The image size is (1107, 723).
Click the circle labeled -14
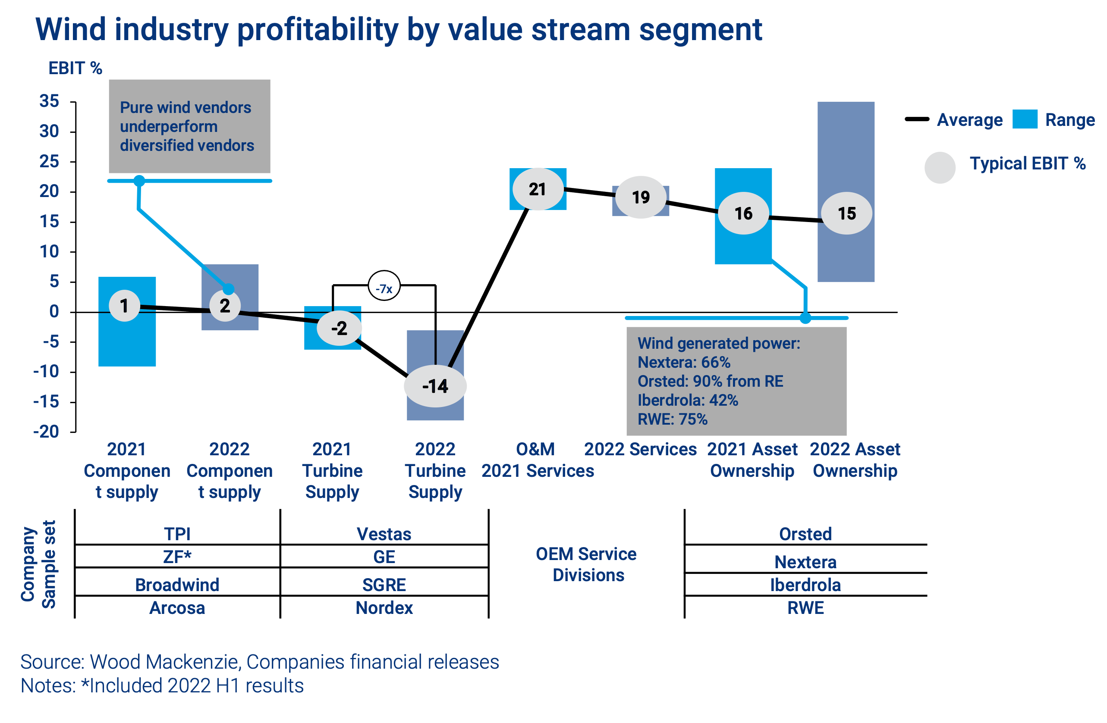click(x=435, y=386)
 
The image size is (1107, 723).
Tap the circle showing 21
click(x=538, y=189)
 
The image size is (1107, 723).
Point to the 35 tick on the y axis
click(x=49, y=101)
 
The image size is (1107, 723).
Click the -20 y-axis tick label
click(x=46, y=432)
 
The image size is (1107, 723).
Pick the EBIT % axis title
click(x=75, y=69)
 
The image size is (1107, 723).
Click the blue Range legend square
click(x=1025, y=119)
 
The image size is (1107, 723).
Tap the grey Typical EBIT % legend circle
click(x=940, y=167)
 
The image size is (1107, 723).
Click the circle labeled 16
click(x=743, y=213)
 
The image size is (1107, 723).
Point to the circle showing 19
click(x=641, y=197)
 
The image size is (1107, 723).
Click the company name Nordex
click(x=384, y=608)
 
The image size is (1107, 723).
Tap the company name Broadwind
click(x=177, y=585)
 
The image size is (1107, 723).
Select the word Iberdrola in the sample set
click(x=805, y=585)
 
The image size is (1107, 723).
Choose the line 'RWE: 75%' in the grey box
click(x=672, y=419)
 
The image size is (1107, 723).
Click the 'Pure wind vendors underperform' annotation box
click(x=189, y=126)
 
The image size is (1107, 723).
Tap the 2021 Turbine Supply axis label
click(x=332, y=470)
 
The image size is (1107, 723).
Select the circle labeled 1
click(x=124, y=306)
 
